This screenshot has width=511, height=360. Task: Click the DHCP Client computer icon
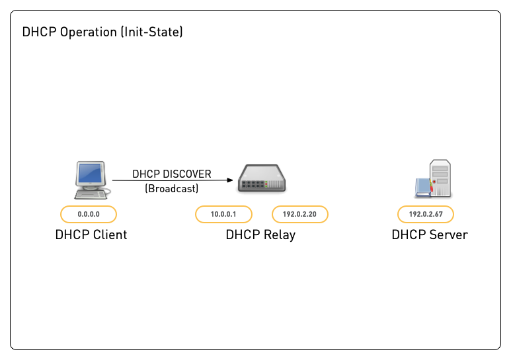click(x=90, y=179)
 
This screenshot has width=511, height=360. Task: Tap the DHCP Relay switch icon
click(x=261, y=179)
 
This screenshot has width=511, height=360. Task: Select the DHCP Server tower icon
click(x=435, y=178)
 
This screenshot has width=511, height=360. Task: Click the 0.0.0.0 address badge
click(x=89, y=214)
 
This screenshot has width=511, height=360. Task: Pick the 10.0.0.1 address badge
click(x=223, y=214)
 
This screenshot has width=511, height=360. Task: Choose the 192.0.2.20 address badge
click(x=300, y=214)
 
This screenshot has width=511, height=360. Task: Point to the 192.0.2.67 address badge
click(x=426, y=214)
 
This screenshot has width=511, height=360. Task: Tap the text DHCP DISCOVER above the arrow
click(x=172, y=174)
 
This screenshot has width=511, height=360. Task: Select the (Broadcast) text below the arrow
click(x=172, y=188)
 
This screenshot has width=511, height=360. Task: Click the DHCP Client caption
click(x=91, y=234)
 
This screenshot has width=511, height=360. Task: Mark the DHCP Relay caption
click(x=260, y=234)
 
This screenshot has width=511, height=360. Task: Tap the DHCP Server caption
click(x=430, y=234)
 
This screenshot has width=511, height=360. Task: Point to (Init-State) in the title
click(x=151, y=32)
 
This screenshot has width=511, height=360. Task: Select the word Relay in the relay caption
click(x=278, y=234)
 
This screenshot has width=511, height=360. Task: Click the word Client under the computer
click(x=109, y=234)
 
